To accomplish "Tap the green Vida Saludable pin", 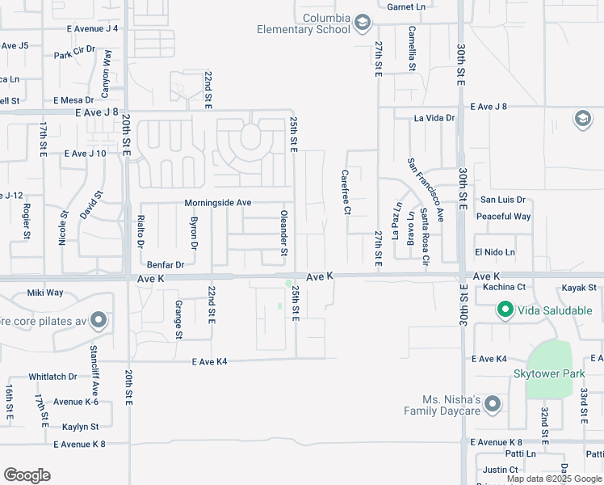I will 505,310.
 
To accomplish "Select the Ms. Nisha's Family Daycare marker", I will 493,404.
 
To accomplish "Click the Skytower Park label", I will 549,373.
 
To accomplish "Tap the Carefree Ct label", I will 346,192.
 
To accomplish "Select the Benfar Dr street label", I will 166,264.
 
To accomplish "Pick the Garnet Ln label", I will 405,6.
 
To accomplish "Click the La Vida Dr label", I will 434,118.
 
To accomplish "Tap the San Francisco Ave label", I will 426,189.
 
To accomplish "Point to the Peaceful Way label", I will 503,217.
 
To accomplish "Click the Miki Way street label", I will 45,293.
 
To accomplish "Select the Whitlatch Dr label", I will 52,377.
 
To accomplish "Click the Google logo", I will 27,475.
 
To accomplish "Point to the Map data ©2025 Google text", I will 553,479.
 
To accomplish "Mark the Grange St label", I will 178,319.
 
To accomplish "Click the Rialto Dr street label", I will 141,231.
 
